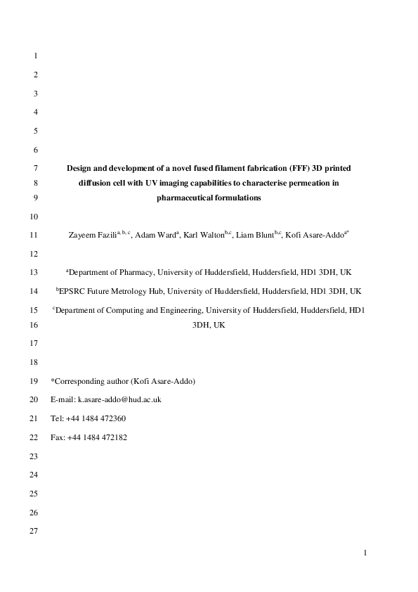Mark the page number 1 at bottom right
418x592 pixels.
point(365,553)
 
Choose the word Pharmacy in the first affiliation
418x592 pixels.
point(133,271)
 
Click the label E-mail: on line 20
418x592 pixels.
point(63,399)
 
